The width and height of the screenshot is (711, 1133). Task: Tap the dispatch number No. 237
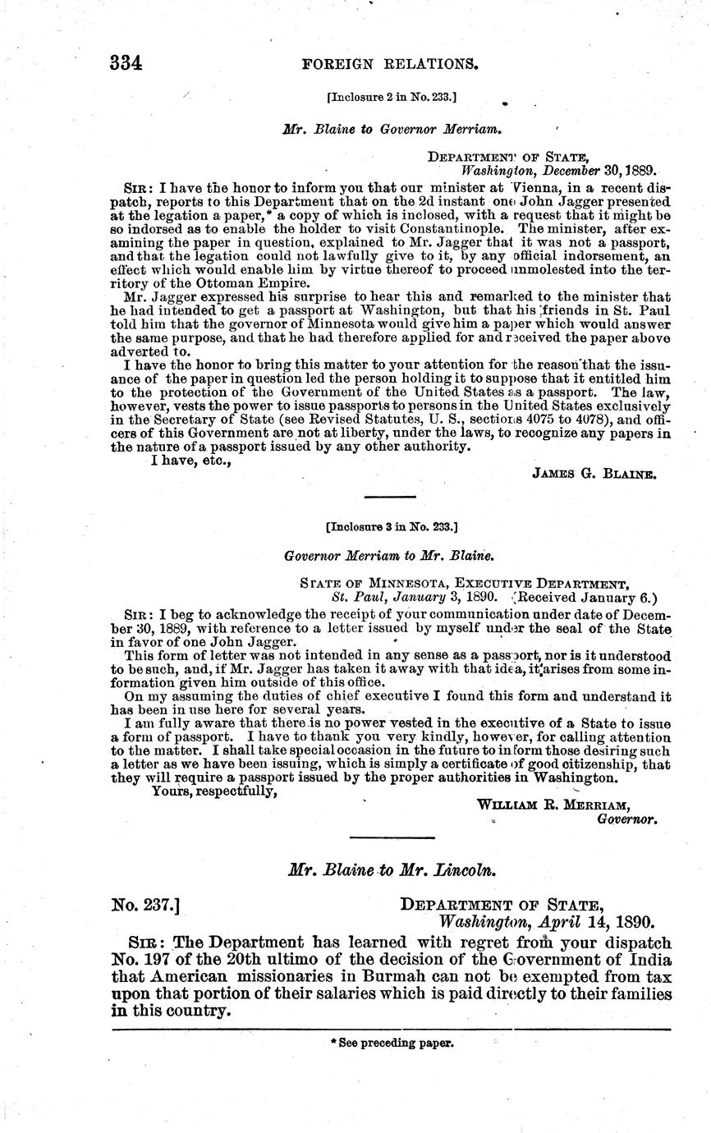(x=145, y=906)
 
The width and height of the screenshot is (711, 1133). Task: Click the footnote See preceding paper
(x=392, y=1044)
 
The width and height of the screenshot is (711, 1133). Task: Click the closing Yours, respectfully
(x=209, y=792)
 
